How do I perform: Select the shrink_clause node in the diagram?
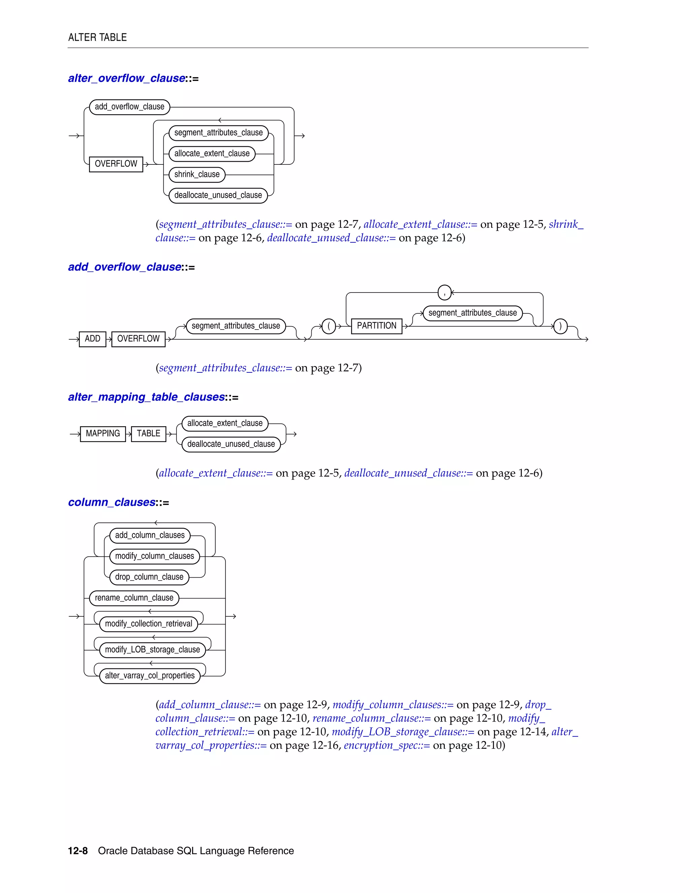[197, 175]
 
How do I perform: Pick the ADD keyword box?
[92, 339]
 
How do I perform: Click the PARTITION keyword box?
[376, 326]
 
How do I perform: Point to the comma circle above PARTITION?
[444, 293]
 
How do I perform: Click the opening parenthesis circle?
[328, 326]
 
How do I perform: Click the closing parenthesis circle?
[560, 326]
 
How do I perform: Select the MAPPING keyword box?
[103, 434]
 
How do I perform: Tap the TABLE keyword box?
[148, 434]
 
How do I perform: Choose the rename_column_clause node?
[134, 598]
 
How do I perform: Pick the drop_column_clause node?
[149, 577]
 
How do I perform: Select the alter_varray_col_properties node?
[150, 676]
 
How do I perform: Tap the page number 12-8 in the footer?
[78, 851]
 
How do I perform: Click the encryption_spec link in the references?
[386, 745]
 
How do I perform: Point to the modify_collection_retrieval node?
[148, 624]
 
